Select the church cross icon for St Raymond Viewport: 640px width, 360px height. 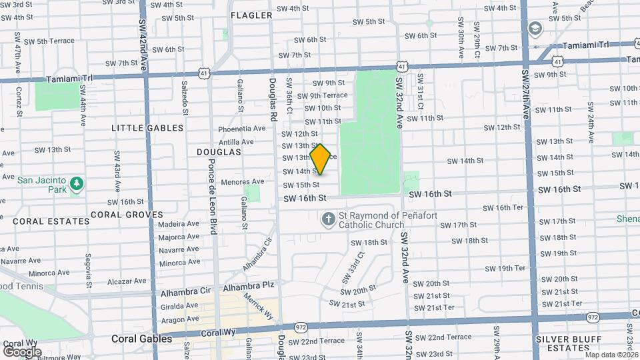pyautogui.click(x=328, y=219)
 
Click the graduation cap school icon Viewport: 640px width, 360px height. pyautogui.click(x=535, y=29)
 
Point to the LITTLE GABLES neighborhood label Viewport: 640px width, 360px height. pyautogui.click(x=147, y=128)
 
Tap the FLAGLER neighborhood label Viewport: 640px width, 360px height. pyautogui.click(x=251, y=15)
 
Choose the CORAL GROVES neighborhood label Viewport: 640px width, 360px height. pyautogui.click(x=127, y=215)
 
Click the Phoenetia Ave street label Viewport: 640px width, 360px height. pyautogui.click(x=241, y=129)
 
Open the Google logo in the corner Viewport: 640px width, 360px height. pyautogui.click(x=22, y=351)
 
